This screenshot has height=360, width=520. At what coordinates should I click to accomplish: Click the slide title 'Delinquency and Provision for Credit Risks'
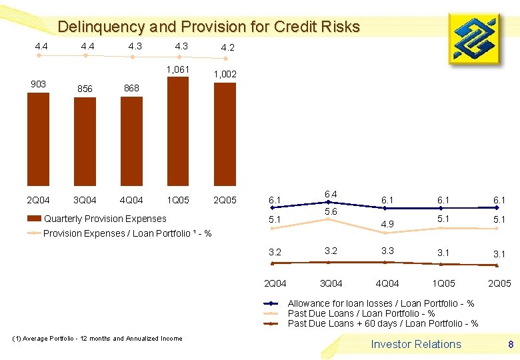point(209,27)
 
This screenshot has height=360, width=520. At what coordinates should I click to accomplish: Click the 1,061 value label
point(178,69)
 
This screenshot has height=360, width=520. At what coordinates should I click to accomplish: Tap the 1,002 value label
point(225,75)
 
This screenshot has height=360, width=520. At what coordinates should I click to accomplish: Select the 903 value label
point(38,84)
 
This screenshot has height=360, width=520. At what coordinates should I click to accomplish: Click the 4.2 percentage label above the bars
point(227,48)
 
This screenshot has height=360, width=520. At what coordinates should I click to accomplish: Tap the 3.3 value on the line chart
point(387,251)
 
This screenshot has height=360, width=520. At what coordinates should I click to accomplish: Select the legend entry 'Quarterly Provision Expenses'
point(105,219)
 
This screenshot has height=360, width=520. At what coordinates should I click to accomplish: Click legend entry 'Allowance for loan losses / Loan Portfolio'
point(381,303)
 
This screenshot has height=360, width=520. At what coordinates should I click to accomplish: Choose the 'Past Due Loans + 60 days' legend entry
point(383,323)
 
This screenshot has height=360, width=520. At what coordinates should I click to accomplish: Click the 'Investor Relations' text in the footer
point(416,344)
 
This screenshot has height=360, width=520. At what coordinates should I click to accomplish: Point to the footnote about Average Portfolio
point(97,339)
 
